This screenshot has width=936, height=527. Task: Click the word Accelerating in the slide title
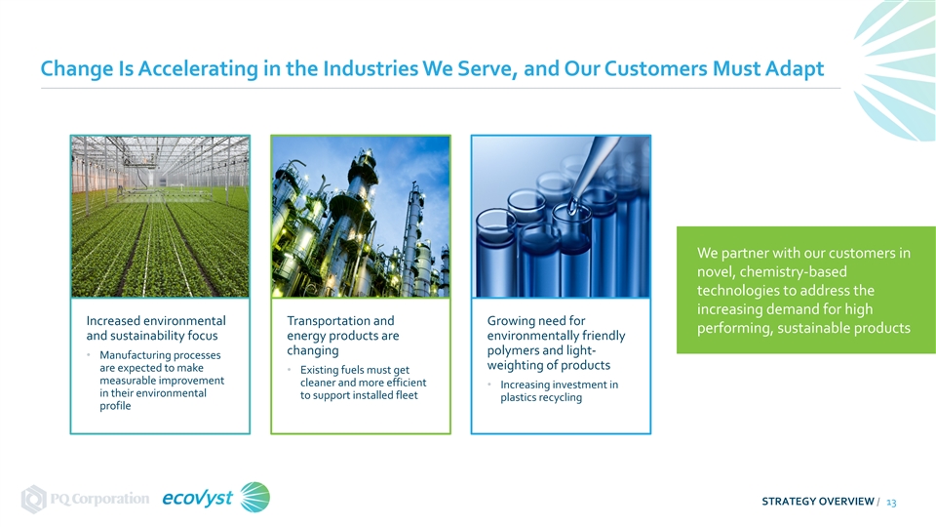click(x=198, y=68)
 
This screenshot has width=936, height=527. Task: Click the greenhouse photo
click(x=160, y=217)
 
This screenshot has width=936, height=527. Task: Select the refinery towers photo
click(x=361, y=217)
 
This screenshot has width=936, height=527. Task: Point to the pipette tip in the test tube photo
click(x=573, y=209)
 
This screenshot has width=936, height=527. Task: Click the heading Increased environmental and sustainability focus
click(x=156, y=328)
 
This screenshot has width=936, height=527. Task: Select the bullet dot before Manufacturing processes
click(x=89, y=355)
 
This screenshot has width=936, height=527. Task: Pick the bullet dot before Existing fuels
click(x=290, y=370)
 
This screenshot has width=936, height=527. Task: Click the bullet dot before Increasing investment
click(x=489, y=385)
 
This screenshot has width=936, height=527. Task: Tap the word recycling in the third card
click(x=561, y=398)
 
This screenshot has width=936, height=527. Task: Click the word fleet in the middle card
click(x=407, y=395)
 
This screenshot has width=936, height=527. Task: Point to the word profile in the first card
click(x=115, y=406)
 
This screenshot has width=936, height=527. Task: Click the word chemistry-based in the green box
click(x=794, y=272)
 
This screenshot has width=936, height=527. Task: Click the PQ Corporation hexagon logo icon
click(x=33, y=499)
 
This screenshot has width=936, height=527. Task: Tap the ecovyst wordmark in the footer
click(x=198, y=499)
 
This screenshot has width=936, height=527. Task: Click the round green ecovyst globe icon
click(x=254, y=497)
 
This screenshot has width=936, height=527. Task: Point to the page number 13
click(x=891, y=503)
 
